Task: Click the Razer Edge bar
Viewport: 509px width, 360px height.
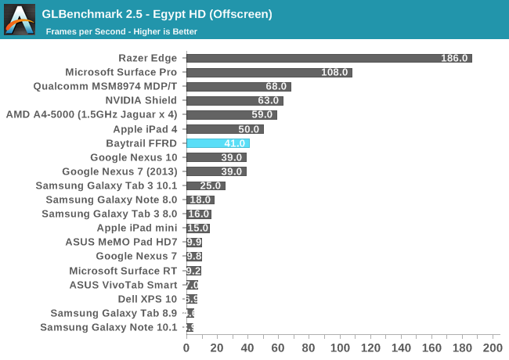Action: click(x=329, y=58)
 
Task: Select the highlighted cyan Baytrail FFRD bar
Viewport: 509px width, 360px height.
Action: click(x=218, y=143)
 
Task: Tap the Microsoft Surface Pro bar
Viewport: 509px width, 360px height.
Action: click(x=269, y=72)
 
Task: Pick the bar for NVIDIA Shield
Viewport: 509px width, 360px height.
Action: click(x=234, y=100)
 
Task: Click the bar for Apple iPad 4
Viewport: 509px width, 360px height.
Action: click(x=225, y=129)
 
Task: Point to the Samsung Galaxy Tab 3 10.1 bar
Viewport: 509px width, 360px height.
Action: click(x=205, y=185)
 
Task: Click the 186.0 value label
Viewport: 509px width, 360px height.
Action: click(x=454, y=58)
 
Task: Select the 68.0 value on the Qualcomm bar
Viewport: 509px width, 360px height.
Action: click(x=277, y=86)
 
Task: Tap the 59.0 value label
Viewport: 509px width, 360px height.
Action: click(x=262, y=114)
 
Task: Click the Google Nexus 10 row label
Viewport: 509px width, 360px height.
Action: click(x=134, y=157)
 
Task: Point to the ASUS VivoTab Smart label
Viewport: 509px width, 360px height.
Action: click(x=123, y=285)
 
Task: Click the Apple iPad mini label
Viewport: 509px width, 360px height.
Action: click(x=137, y=228)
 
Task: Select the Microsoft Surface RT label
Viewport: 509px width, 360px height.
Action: click(x=124, y=271)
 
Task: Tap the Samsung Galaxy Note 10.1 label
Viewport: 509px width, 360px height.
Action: click(x=109, y=327)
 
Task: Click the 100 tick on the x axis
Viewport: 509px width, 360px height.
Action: click(x=339, y=347)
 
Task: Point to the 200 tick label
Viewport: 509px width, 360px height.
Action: click(x=492, y=347)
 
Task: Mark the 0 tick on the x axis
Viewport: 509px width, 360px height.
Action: click(x=186, y=347)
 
